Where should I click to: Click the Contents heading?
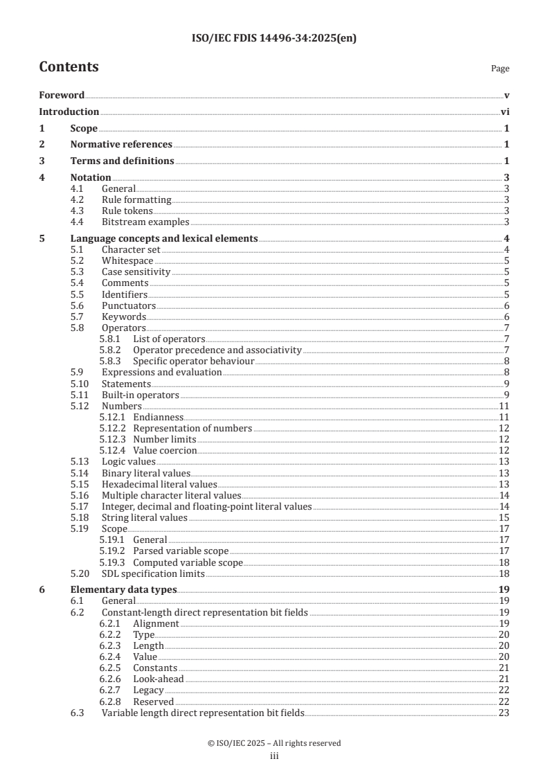[69, 67]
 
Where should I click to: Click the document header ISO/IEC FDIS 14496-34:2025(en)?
[274, 39]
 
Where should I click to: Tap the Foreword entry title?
[62, 95]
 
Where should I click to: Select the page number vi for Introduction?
[505, 111]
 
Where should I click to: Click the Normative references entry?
[121, 145]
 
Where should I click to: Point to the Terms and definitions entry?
[122, 161]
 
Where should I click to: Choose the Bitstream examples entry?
[145, 222]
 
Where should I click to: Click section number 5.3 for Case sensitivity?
[78, 272]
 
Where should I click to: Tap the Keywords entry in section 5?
[124, 316]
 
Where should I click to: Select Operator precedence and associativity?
[217, 350]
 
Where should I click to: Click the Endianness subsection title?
[158, 417]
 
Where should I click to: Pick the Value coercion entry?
[165, 450]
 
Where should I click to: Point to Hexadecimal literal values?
[159, 484]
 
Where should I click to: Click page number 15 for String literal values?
[505, 517]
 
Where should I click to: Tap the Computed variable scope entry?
[188, 563]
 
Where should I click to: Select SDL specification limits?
[152, 574]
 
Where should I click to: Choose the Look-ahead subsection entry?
[159, 679]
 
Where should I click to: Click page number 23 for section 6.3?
[505, 713]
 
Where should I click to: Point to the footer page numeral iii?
[274, 756]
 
